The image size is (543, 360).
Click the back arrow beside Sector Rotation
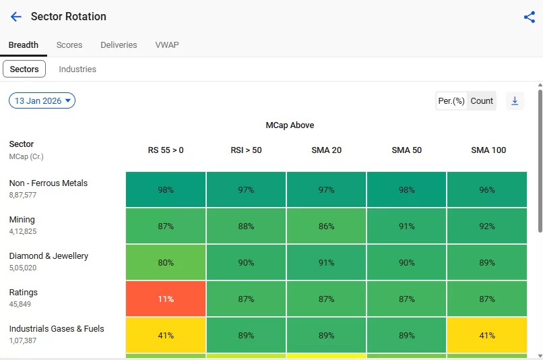tap(16, 17)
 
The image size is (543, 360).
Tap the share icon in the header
tap(529, 17)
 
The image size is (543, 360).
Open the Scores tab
tap(69, 45)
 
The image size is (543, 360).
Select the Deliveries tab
tap(119, 45)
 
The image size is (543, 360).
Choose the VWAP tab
tap(167, 45)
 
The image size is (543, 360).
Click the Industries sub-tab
tap(77, 69)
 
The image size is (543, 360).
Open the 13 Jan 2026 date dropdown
tap(42, 101)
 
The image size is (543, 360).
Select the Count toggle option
tap(482, 101)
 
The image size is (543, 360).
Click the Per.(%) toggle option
tap(451, 101)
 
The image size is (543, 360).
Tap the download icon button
tap(515, 101)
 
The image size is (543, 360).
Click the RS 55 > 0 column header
tap(166, 150)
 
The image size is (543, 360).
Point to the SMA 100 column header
tap(488, 150)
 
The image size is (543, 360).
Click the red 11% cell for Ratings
tap(166, 299)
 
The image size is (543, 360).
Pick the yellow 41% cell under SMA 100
tap(487, 335)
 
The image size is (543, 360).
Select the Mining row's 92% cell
tap(487, 226)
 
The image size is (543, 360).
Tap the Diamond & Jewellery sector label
tap(49, 256)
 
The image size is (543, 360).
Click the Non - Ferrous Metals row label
tap(49, 183)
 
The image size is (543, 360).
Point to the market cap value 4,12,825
tap(23, 231)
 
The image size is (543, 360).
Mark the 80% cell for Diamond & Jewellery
tap(166, 262)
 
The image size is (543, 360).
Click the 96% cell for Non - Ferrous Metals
tap(487, 189)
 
